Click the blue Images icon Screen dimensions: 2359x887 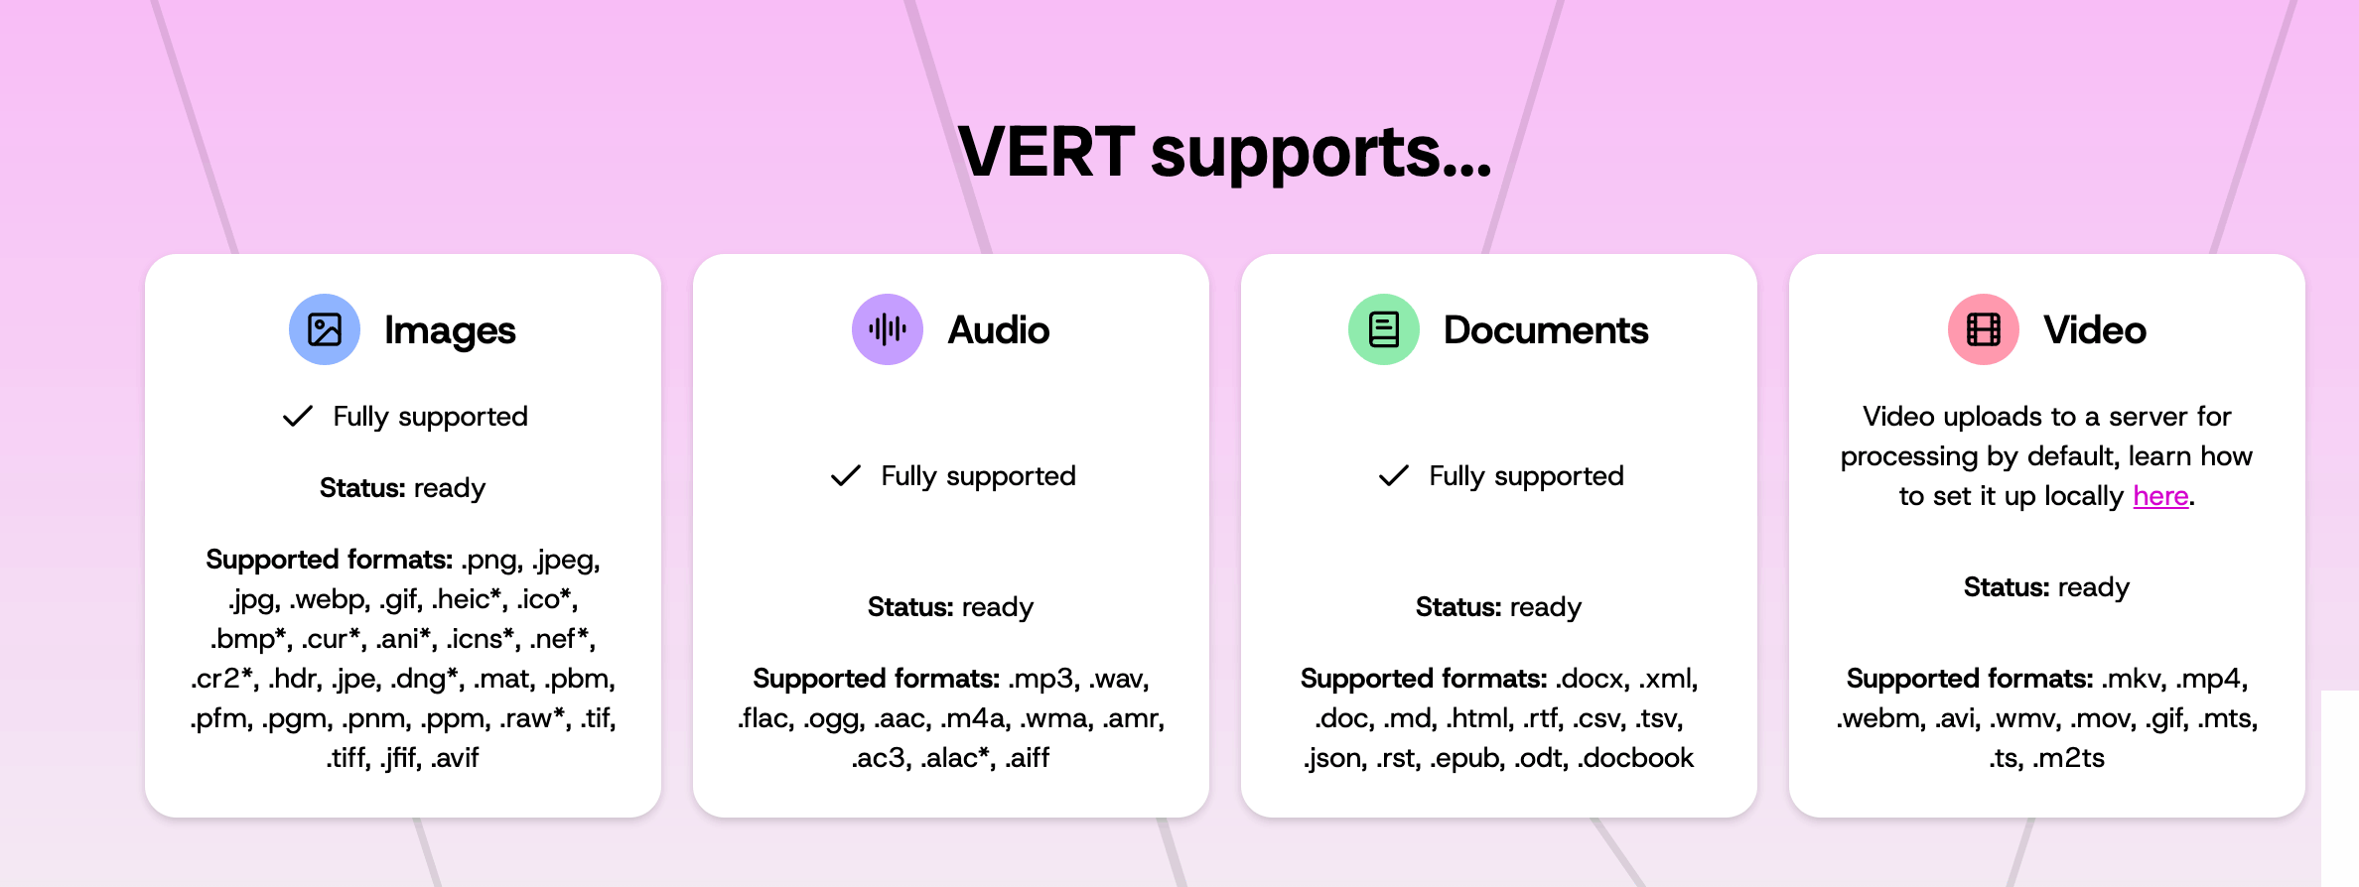(x=325, y=329)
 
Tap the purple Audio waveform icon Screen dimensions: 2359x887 (x=888, y=329)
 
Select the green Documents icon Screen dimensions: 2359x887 (x=1384, y=329)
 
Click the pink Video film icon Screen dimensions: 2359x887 (x=1984, y=329)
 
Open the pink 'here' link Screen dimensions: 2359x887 (x=2160, y=496)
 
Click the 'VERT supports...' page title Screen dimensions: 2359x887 (x=1225, y=153)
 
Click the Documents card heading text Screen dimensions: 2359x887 (x=1546, y=330)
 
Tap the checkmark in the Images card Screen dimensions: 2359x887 (x=298, y=416)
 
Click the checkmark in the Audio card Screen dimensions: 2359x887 (x=846, y=475)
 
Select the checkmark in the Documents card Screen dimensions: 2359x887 (x=1394, y=475)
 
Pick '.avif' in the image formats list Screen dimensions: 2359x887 (x=456, y=758)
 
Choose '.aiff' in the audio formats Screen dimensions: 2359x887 (x=1028, y=758)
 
